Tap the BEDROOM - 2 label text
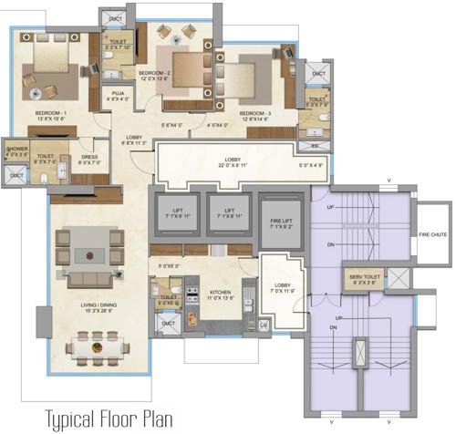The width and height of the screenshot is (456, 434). [x=157, y=70]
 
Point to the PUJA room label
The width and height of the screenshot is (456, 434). [x=119, y=93]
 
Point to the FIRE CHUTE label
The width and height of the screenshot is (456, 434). [x=432, y=233]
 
